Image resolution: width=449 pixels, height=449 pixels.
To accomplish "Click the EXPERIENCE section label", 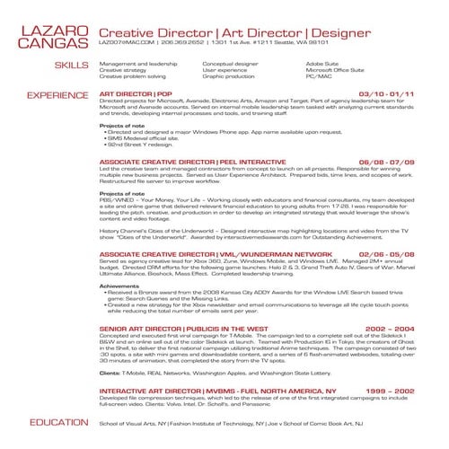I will click(57, 94).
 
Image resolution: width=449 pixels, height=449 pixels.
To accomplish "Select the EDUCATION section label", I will click(57, 422).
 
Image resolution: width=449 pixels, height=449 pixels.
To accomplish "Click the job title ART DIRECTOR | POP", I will click(136, 93).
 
